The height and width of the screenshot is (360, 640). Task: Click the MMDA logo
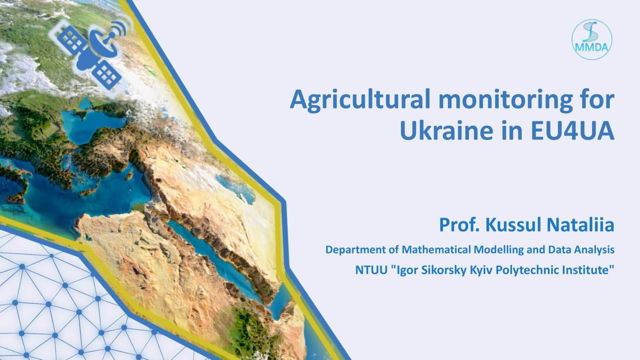[x=592, y=40]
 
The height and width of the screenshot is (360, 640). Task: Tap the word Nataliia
[x=581, y=225]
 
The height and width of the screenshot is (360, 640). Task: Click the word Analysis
[x=594, y=250]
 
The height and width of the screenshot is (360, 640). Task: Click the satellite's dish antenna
[x=104, y=43]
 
